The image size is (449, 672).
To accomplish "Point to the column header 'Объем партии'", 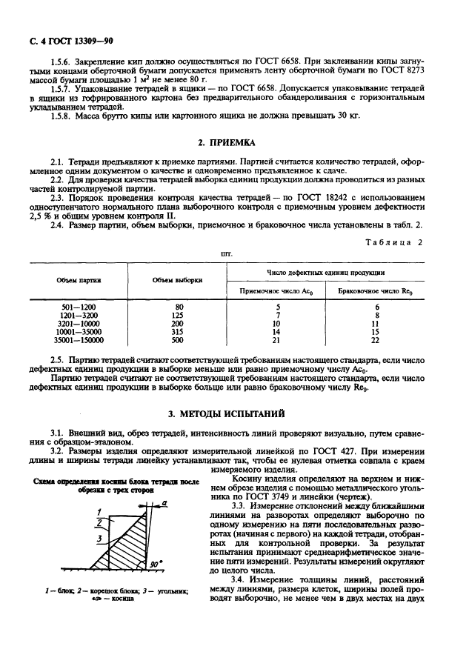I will point(79,280).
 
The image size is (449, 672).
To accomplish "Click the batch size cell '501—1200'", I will point(79,306).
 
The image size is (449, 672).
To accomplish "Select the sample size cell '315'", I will point(177,333).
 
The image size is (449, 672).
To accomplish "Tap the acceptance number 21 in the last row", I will point(276,342).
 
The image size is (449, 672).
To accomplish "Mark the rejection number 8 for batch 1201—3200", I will point(376,315).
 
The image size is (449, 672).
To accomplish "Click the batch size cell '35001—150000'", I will point(79,342).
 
